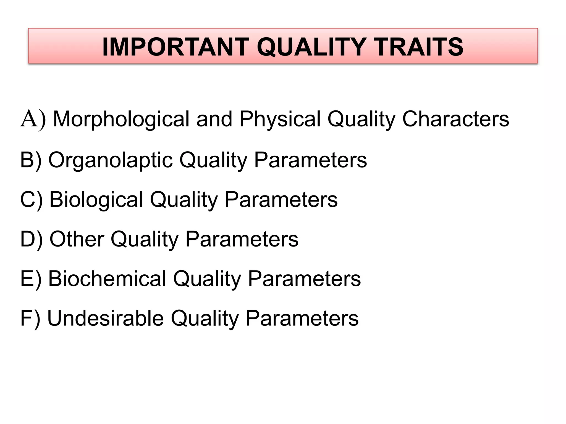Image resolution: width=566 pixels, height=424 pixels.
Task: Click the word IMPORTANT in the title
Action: click(x=176, y=47)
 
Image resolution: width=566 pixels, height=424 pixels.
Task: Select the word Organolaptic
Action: click(x=110, y=160)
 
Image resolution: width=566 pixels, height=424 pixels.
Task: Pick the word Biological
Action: click(x=96, y=200)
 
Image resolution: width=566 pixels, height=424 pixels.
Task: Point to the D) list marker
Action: click(x=32, y=239)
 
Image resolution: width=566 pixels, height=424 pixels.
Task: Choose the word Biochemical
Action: click(x=107, y=279)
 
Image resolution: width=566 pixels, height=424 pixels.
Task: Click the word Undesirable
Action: click(x=106, y=318)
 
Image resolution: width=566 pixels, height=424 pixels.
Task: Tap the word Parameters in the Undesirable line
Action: click(x=302, y=318)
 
